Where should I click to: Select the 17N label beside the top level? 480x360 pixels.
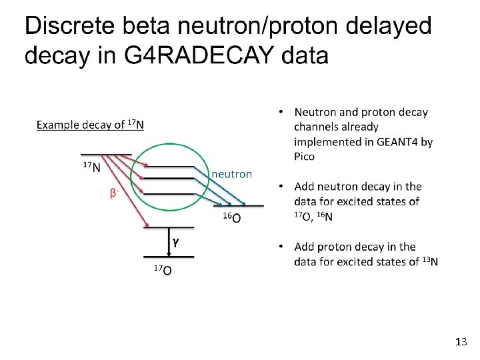pyautogui.click(x=91, y=167)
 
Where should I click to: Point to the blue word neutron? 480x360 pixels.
pyautogui.click(x=232, y=174)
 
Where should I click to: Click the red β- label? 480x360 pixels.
pyautogui.click(x=115, y=193)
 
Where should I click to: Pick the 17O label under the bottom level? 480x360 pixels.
pyautogui.click(x=163, y=270)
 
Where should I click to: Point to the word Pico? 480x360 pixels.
pyautogui.click(x=304, y=157)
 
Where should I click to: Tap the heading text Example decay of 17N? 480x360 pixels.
pyautogui.click(x=89, y=125)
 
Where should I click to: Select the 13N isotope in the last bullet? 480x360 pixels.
pyautogui.click(x=430, y=261)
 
